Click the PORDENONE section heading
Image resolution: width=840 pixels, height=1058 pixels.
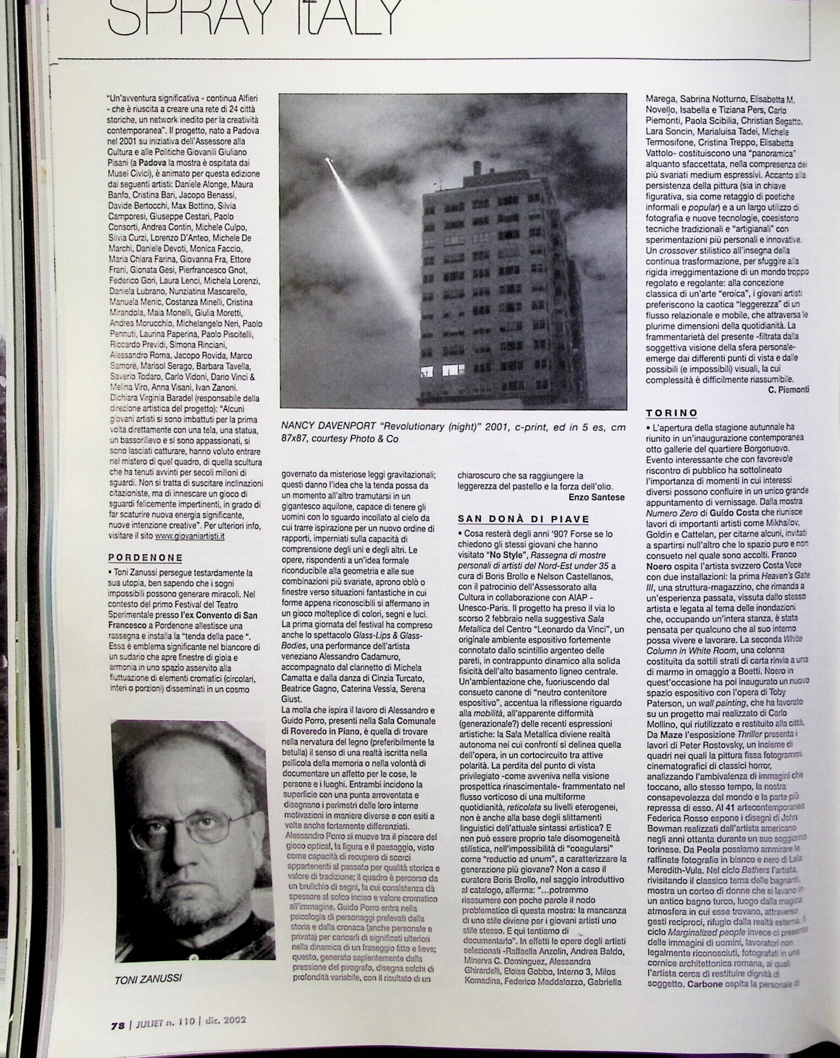(145, 557)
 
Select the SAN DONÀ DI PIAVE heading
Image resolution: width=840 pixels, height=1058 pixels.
(524, 519)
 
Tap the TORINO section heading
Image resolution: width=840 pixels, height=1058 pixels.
(671, 413)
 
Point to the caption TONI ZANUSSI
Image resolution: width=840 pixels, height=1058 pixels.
(148, 979)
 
